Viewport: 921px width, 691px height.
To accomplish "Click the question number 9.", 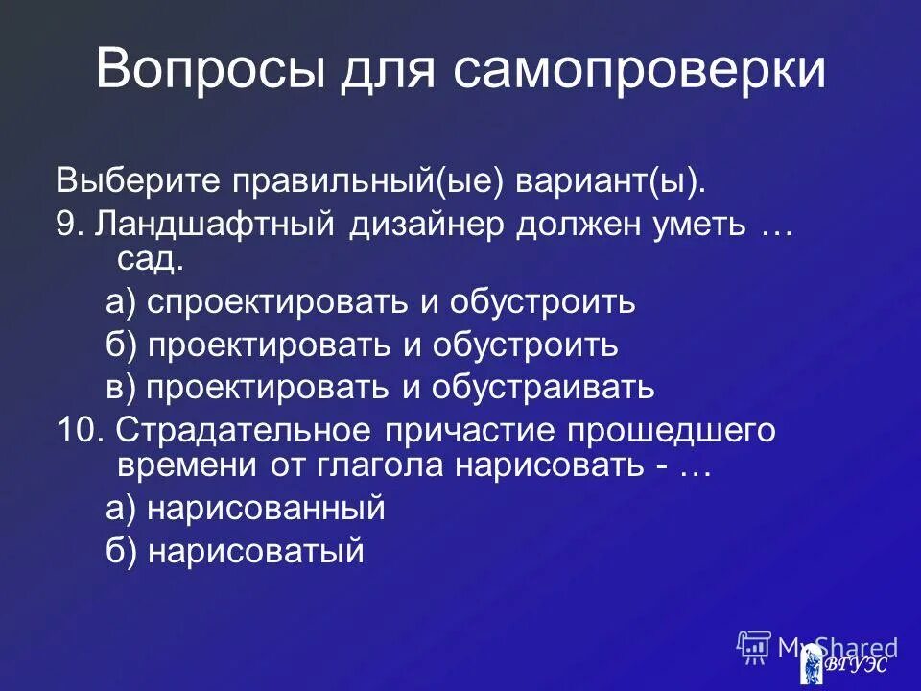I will pyautogui.click(x=65, y=224).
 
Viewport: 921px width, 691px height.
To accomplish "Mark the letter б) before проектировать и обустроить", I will pyautogui.click(x=122, y=345).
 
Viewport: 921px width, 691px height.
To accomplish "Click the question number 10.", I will pyautogui.click(x=77, y=430).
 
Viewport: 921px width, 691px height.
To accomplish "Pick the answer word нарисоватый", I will pyautogui.click(x=255, y=550).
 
